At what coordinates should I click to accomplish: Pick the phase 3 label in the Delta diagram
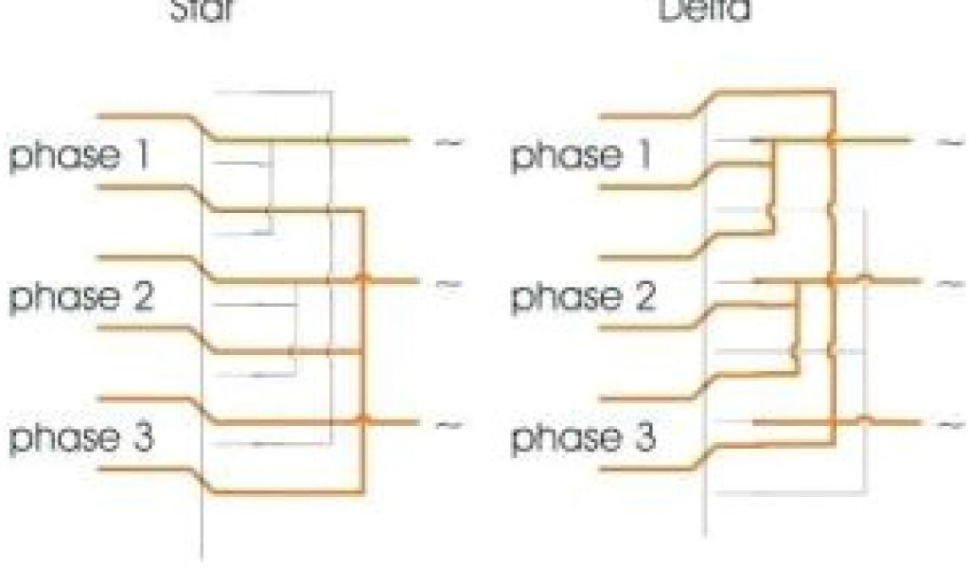(x=581, y=439)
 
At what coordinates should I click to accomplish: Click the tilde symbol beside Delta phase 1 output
(x=949, y=142)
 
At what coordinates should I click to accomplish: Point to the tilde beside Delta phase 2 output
(x=949, y=282)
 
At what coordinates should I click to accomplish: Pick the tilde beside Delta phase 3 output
(x=949, y=423)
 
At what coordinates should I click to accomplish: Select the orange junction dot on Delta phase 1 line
(x=832, y=140)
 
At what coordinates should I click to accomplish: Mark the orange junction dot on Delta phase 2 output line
(x=832, y=280)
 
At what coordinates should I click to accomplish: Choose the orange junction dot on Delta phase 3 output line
(x=832, y=420)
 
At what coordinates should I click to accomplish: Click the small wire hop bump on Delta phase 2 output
(x=864, y=277)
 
